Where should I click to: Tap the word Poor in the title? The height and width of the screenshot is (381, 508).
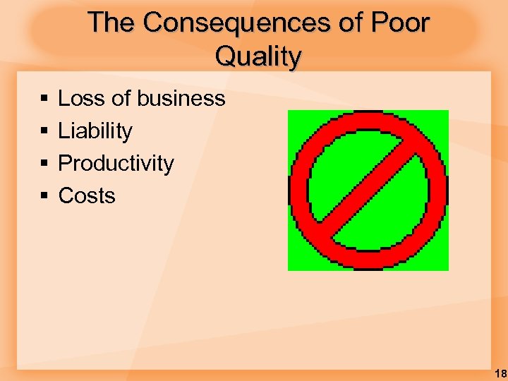point(399,23)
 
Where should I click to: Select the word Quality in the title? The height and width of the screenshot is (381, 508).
point(258,56)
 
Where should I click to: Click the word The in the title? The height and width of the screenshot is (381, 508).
point(111,23)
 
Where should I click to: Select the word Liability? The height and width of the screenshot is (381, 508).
point(95,131)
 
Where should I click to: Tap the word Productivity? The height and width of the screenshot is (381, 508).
point(116,163)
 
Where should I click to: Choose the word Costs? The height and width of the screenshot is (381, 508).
point(87,195)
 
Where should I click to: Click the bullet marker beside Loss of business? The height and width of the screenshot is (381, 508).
point(44,99)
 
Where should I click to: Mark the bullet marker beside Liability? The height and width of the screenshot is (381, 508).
point(44,131)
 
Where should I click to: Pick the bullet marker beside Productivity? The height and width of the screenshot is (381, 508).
point(44,164)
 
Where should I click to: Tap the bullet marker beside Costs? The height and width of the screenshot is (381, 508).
point(44,196)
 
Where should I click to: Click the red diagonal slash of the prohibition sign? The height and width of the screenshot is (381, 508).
point(368,190)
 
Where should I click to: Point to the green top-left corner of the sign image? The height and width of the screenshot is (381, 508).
point(297,119)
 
